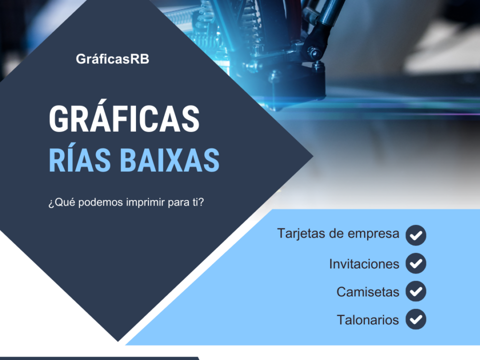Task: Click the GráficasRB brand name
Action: (112, 59)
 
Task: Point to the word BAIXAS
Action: (169, 160)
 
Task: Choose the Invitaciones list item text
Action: (364, 264)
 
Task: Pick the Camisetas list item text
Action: (367, 292)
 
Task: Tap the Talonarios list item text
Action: (367, 320)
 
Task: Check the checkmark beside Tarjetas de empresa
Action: (415, 235)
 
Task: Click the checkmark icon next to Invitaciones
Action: (415, 263)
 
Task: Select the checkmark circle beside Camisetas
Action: (415, 291)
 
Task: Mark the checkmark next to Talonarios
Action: (415, 319)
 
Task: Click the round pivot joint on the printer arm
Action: (314, 52)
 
